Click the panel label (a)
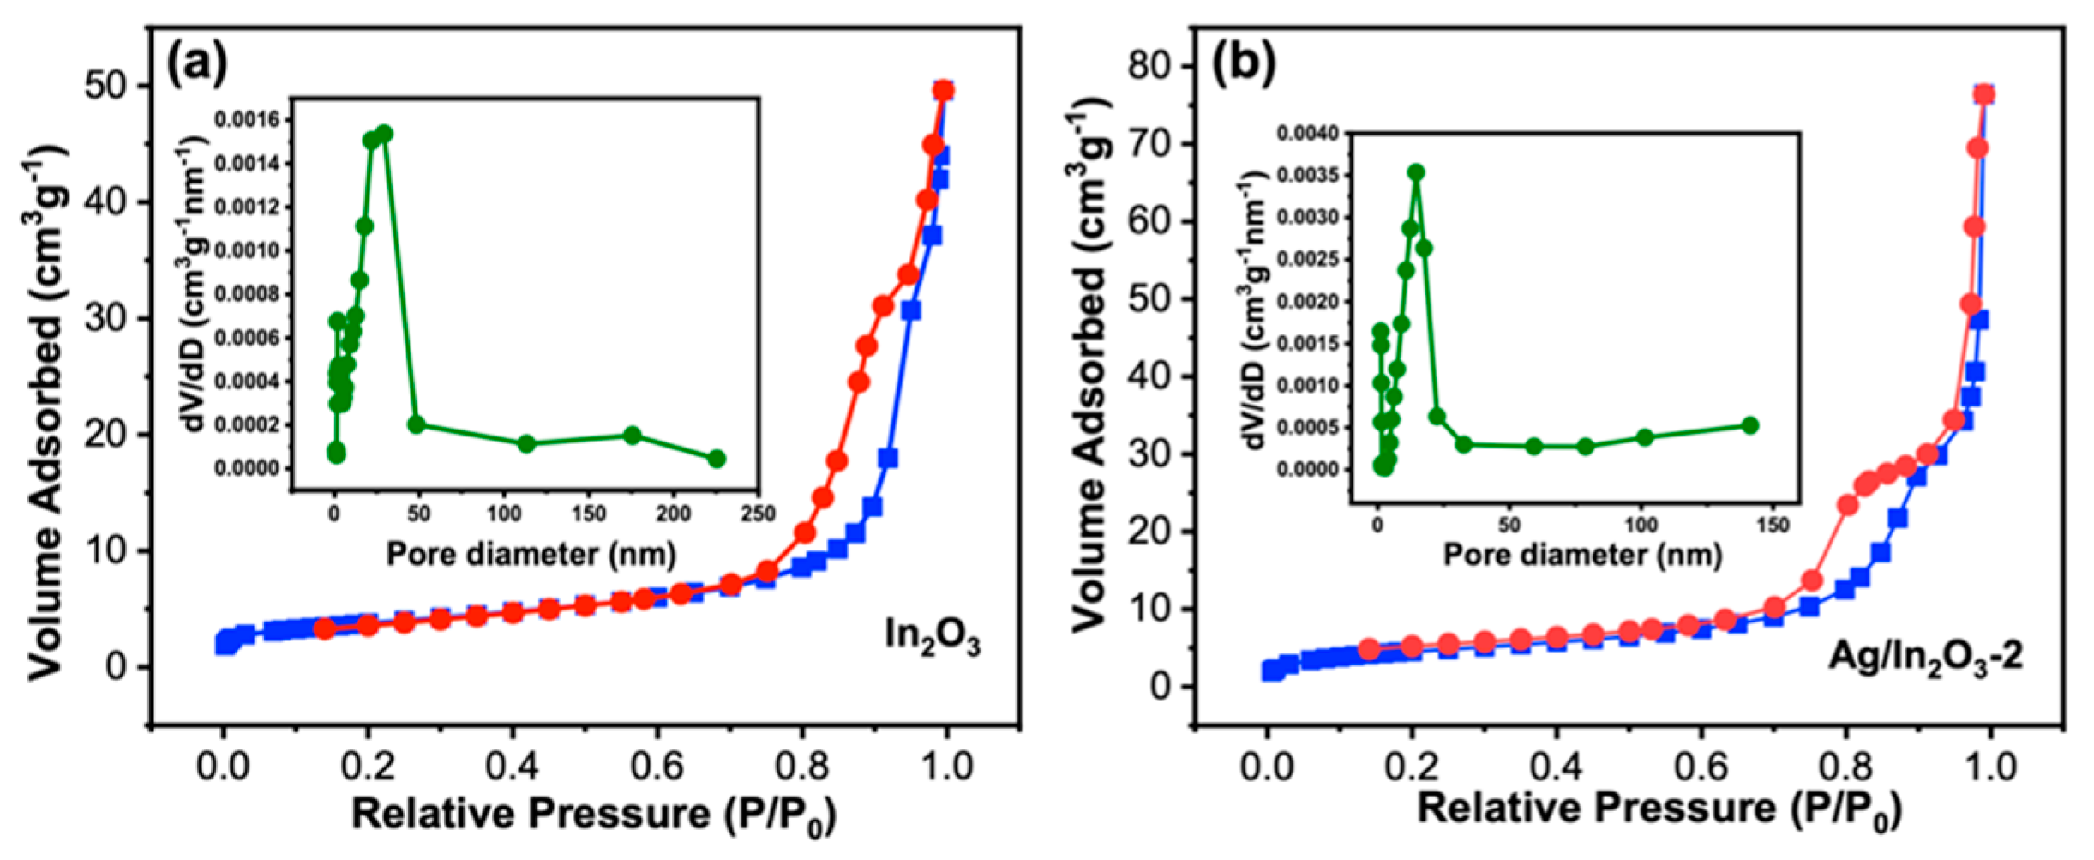pyautogui.click(x=197, y=65)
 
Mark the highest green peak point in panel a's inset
pyautogui.click(x=384, y=134)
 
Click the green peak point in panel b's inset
pyautogui.click(x=1416, y=172)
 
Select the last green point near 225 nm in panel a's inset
pyautogui.click(x=717, y=459)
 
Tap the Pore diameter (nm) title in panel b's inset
pyautogui.click(x=1582, y=556)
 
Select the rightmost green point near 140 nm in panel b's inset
pyautogui.click(x=1750, y=425)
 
